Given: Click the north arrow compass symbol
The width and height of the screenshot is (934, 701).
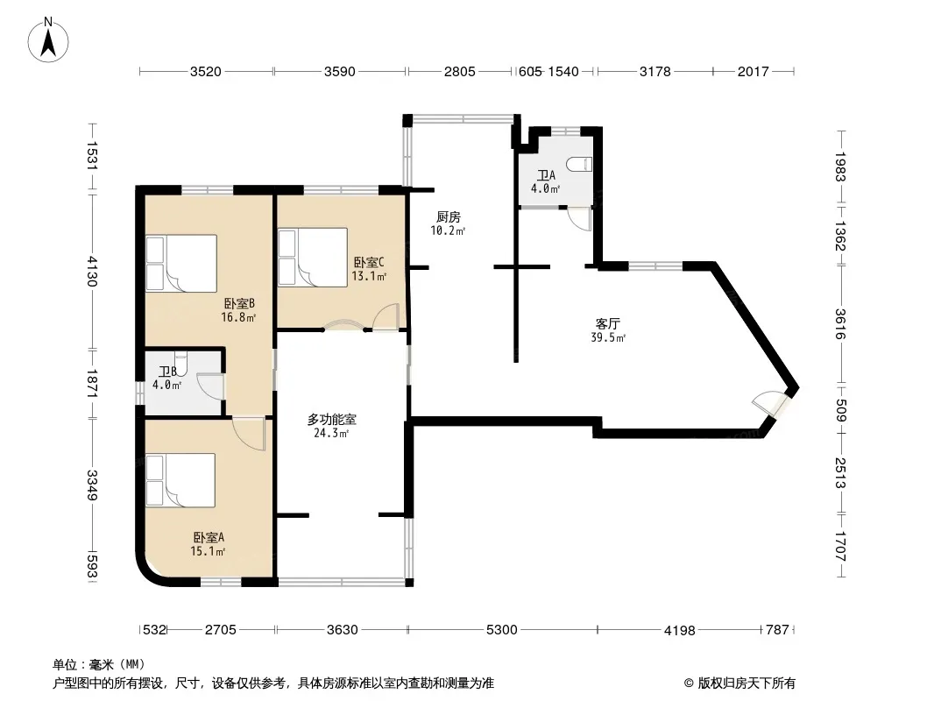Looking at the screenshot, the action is click(48, 40).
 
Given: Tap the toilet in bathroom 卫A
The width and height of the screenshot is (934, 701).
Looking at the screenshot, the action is click(579, 164).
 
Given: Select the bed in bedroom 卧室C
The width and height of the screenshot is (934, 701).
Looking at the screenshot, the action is click(313, 258).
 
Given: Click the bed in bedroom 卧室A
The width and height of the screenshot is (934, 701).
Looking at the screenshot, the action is click(180, 480).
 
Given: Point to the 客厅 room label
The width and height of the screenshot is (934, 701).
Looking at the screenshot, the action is click(607, 323).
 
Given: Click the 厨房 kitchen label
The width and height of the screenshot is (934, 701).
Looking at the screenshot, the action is click(448, 216).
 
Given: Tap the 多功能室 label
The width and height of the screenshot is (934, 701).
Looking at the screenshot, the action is click(332, 420).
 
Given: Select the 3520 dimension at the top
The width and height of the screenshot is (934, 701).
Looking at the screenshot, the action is click(206, 72).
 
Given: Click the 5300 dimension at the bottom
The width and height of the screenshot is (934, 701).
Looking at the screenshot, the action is click(501, 629).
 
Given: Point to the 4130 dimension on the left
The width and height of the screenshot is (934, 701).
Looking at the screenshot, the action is click(92, 271).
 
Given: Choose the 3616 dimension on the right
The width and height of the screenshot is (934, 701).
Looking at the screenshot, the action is click(840, 324).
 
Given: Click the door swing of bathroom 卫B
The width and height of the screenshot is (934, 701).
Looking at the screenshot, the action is click(210, 386).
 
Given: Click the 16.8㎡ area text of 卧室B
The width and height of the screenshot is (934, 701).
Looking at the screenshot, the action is click(238, 317).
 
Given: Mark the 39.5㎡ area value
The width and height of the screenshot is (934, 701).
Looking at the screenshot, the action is click(608, 337).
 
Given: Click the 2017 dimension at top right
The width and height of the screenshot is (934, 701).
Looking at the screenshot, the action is click(754, 72).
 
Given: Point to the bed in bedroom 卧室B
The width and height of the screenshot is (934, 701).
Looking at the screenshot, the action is click(181, 263).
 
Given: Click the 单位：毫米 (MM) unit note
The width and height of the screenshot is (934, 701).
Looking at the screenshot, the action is click(99, 664).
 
